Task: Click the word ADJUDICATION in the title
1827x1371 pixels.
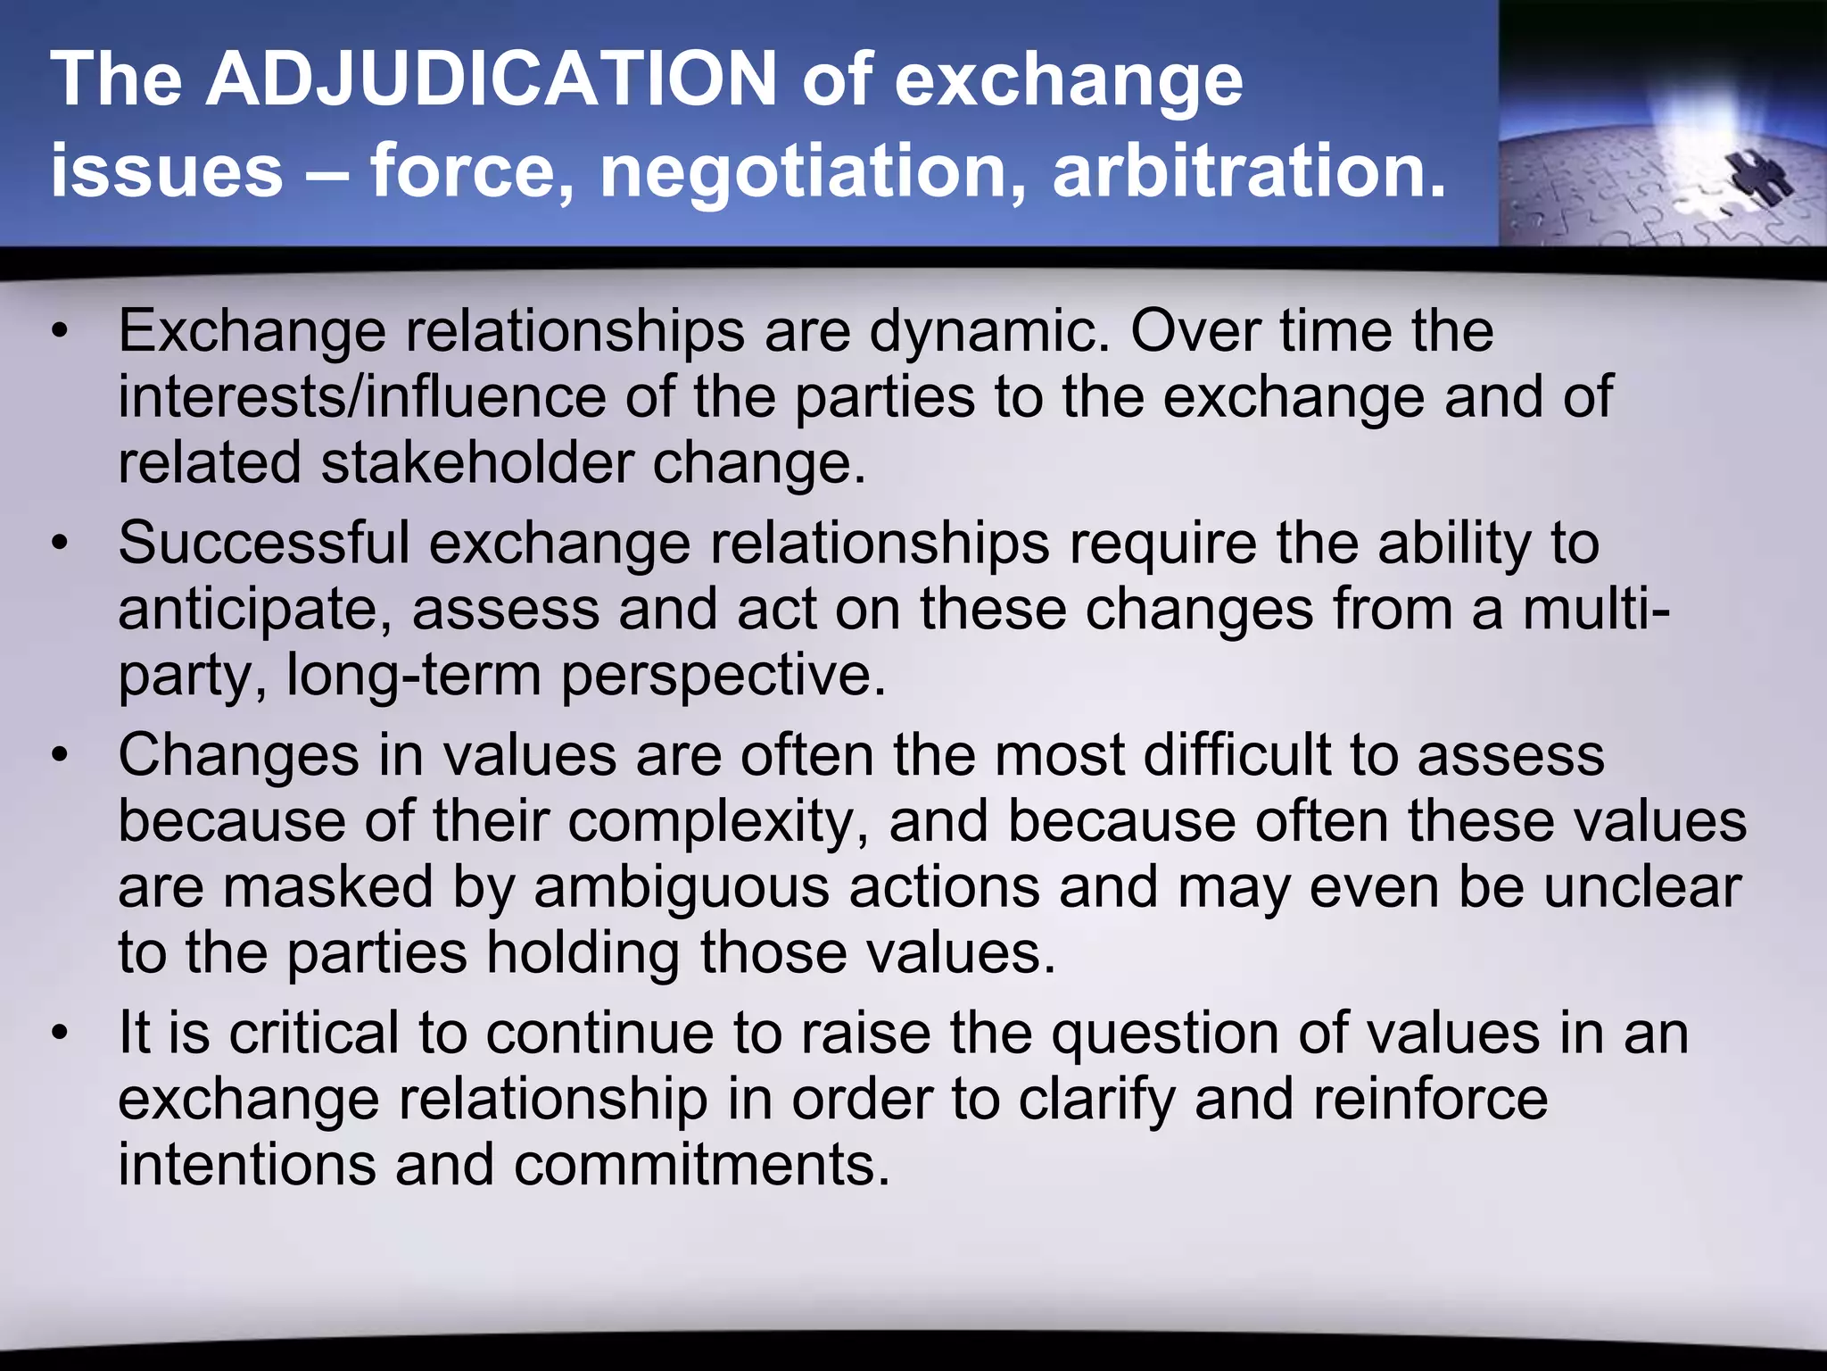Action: (x=492, y=80)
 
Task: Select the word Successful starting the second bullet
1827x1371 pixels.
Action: (x=263, y=543)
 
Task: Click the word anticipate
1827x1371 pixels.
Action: (x=254, y=611)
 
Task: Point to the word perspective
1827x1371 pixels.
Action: (x=723, y=677)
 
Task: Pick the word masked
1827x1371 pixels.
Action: (x=327, y=887)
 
